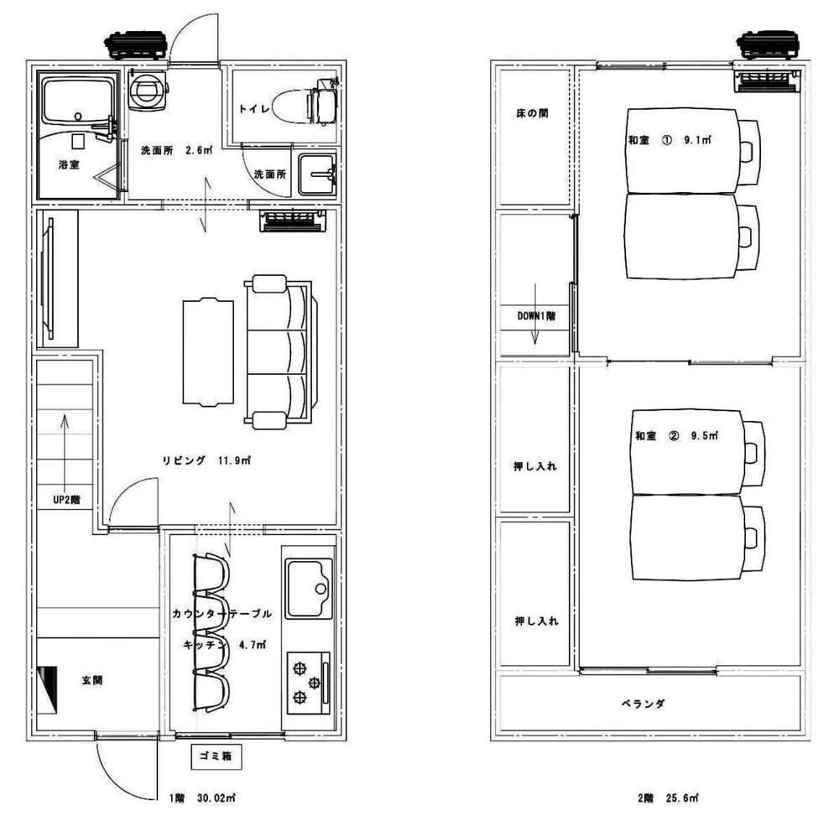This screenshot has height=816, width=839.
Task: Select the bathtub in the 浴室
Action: click(78, 101)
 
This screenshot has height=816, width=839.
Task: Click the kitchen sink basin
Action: click(309, 588)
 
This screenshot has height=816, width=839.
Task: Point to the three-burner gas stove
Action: click(308, 683)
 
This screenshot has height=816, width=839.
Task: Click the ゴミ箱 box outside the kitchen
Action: click(216, 756)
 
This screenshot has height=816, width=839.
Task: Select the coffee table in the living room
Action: click(208, 353)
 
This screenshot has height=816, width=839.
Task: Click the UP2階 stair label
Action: click(67, 500)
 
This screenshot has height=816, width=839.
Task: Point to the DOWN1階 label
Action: click(536, 316)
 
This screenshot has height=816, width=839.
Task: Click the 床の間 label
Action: click(532, 113)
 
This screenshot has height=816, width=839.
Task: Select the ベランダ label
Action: click(644, 704)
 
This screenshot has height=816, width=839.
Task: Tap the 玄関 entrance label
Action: click(92, 681)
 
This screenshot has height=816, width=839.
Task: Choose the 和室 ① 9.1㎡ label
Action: click(670, 140)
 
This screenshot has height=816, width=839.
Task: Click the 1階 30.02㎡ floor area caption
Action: click(203, 798)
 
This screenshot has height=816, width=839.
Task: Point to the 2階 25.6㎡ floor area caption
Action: click(669, 798)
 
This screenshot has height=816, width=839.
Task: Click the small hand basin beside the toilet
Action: click(317, 174)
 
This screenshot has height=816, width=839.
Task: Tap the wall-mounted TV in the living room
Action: click(49, 278)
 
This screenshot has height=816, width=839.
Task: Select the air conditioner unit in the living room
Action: click(293, 221)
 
